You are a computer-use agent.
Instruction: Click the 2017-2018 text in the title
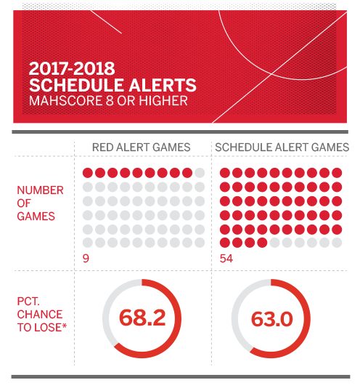click(72, 68)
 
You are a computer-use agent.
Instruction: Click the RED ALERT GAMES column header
click(142, 147)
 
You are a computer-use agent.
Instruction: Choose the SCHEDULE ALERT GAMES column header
click(282, 147)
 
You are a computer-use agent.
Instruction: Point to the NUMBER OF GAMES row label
click(41, 203)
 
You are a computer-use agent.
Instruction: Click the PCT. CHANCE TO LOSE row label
click(42, 315)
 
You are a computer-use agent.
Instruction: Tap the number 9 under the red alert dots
click(86, 259)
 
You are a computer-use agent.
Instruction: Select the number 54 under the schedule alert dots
click(226, 259)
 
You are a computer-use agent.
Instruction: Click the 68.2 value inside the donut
click(142, 318)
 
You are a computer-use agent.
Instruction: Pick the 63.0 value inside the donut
click(271, 319)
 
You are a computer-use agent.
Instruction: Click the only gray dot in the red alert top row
click(200, 173)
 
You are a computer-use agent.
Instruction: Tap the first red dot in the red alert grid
click(88, 173)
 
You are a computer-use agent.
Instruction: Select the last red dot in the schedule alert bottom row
click(262, 243)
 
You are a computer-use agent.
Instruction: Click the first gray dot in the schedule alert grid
click(274, 243)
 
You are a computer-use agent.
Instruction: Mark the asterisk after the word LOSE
click(65, 326)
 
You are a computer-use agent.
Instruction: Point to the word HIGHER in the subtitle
click(163, 100)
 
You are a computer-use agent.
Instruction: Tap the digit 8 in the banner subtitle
click(110, 100)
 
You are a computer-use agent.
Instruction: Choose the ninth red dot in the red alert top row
click(187, 173)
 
